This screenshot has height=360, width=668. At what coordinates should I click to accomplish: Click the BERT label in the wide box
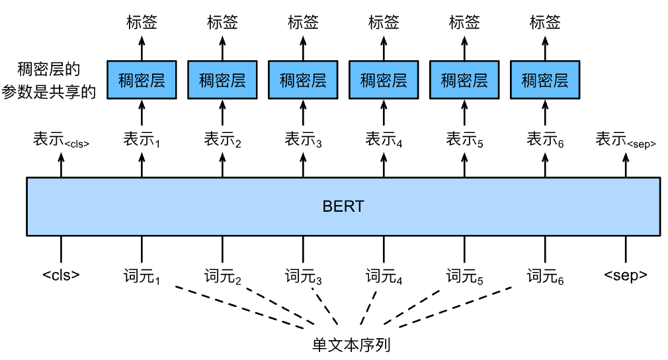click(x=343, y=206)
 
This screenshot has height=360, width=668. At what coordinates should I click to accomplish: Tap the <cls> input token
click(x=61, y=276)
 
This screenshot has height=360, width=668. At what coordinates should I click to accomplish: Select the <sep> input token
click(x=626, y=276)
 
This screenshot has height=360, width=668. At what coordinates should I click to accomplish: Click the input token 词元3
click(x=304, y=277)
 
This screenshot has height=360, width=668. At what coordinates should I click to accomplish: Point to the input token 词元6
click(x=546, y=277)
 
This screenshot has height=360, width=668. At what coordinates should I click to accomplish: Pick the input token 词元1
click(x=142, y=277)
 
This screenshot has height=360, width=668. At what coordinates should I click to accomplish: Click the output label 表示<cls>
click(x=61, y=140)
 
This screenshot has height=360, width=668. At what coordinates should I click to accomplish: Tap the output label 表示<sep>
click(x=626, y=140)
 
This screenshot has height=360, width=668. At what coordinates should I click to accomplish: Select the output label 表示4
click(x=384, y=140)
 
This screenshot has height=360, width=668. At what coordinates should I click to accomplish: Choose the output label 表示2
click(x=222, y=140)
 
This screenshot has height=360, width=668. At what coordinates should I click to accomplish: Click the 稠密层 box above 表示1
click(x=142, y=81)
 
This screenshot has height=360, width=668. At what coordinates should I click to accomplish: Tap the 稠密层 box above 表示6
click(x=545, y=81)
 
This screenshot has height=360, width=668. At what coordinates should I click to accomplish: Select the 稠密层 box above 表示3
click(x=303, y=81)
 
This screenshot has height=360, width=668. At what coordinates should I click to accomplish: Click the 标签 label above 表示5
click(x=464, y=22)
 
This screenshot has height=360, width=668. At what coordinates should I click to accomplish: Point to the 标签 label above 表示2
click(x=222, y=22)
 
